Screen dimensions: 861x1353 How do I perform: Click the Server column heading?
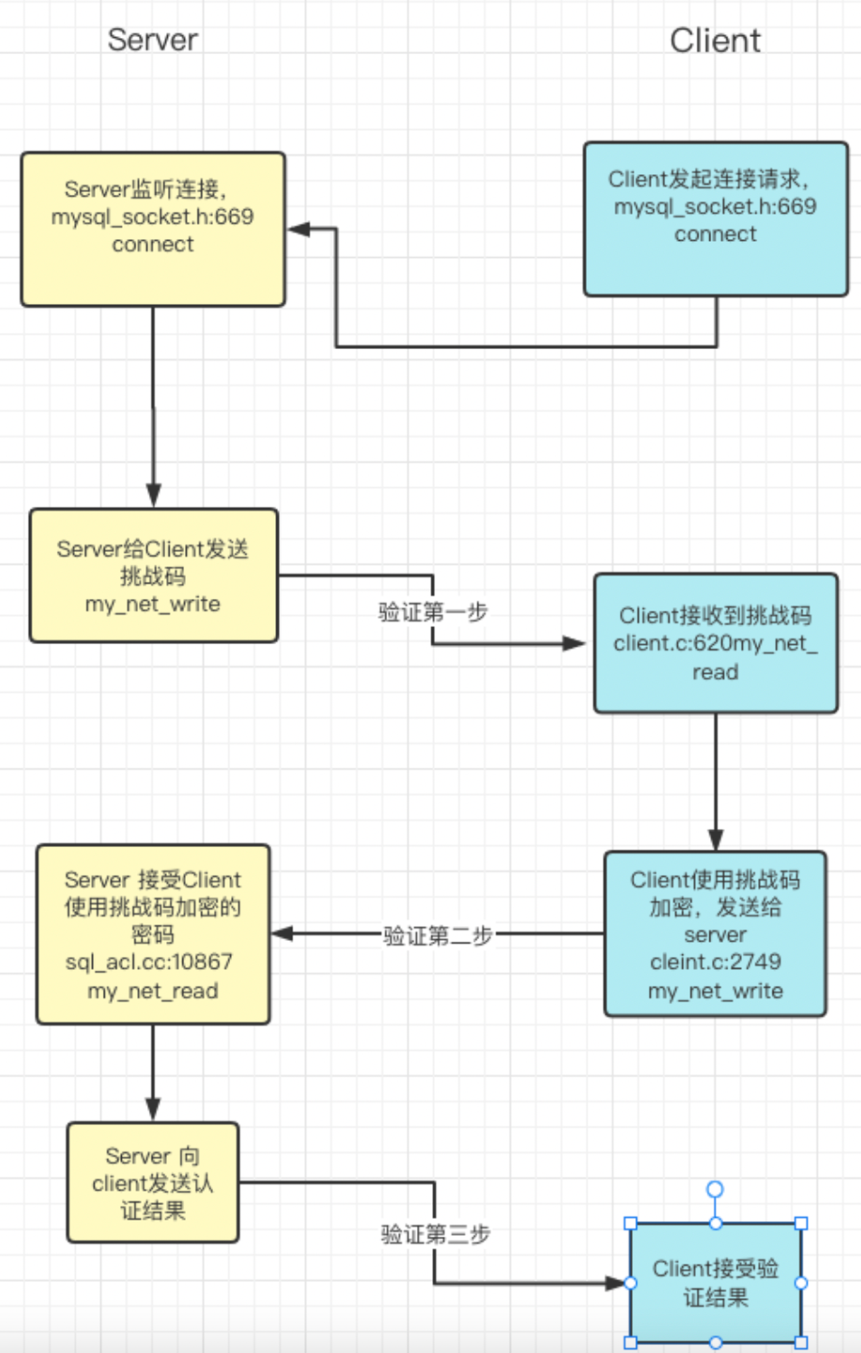[x=153, y=40]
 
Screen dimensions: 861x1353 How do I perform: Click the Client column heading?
[x=715, y=41]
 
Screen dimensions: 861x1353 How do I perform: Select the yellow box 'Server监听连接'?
[x=153, y=229]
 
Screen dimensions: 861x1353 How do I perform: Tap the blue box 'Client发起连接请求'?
[x=715, y=219]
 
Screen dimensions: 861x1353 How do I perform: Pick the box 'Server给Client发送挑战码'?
[x=154, y=575]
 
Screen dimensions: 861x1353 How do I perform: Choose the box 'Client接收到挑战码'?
[x=715, y=643]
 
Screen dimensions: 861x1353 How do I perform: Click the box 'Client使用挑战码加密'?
[x=715, y=934]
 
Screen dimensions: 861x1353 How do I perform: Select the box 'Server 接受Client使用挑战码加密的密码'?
[x=153, y=934]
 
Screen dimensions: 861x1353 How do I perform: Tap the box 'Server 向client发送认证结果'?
[x=153, y=1183]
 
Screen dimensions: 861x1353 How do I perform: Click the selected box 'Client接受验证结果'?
[x=715, y=1283]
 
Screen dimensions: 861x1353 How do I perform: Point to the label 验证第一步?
[x=433, y=612]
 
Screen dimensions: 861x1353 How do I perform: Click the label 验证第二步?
[x=437, y=936]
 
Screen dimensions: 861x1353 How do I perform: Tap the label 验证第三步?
[x=435, y=1234]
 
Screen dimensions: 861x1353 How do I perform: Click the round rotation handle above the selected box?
[x=715, y=1189]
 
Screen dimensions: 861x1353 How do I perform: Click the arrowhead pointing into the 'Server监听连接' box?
[x=299, y=229]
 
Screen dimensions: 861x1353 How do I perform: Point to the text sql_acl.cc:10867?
[x=149, y=961]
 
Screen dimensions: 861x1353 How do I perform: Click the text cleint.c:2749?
[x=715, y=961]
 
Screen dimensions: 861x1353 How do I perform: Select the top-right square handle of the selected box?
[x=801, y=1223]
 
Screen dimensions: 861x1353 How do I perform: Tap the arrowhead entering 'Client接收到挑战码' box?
[x=574, y=643]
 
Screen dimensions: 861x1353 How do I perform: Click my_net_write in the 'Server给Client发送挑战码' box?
[x=153, y=604]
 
